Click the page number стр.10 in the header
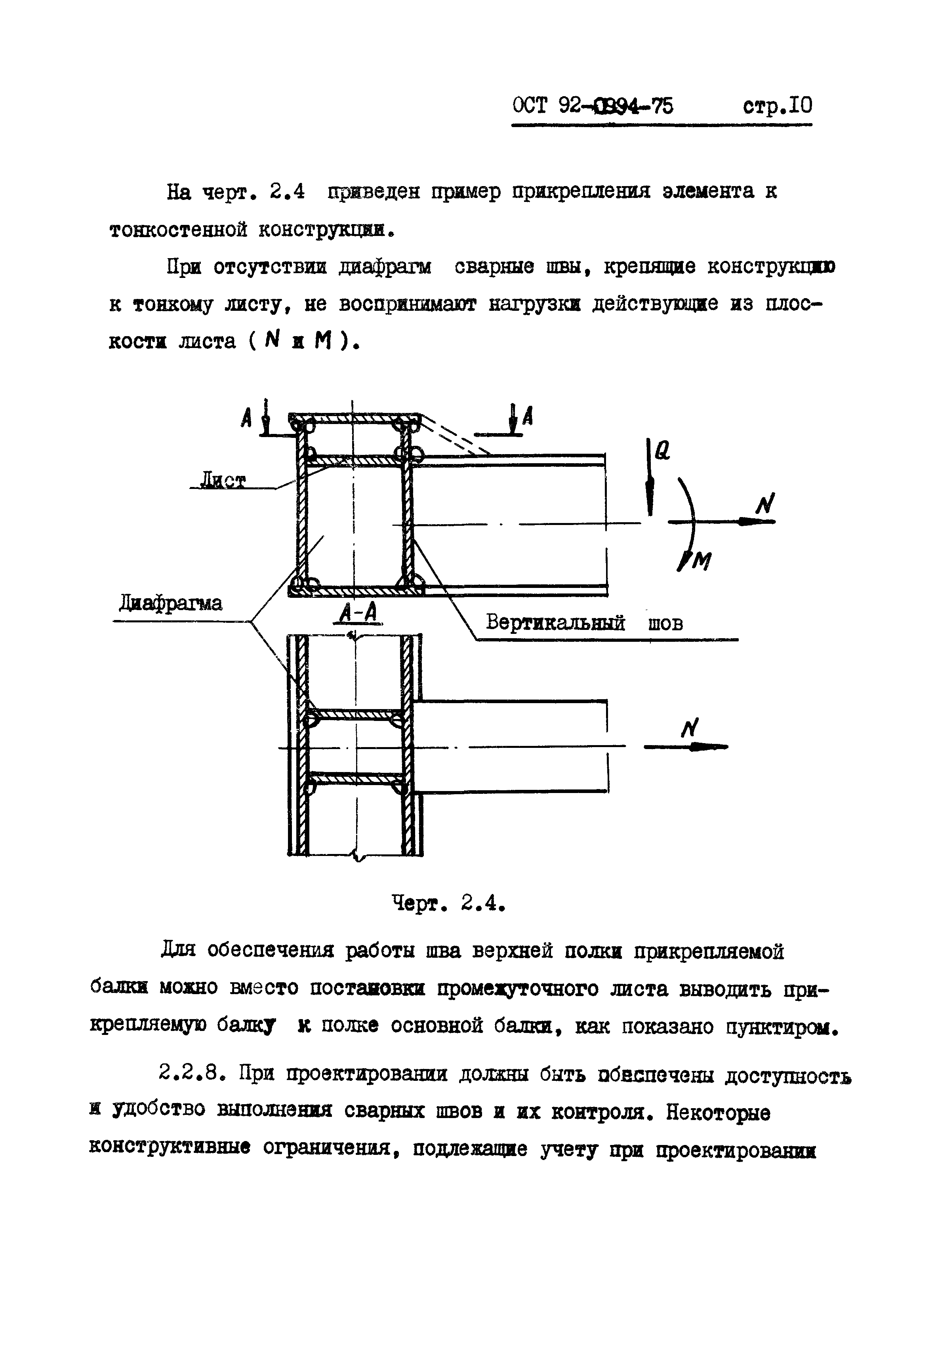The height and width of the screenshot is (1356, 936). [777, 107]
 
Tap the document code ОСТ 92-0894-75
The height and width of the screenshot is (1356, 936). [593, 107]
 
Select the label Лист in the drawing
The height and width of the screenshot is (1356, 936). [223, 481]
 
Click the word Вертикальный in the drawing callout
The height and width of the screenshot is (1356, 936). [555, 622]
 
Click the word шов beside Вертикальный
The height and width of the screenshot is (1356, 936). [665, 622]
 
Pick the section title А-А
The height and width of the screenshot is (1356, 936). [358, 612]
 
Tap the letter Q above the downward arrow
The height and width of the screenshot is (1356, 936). [662, 450]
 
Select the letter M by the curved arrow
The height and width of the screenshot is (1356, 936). [702, 562]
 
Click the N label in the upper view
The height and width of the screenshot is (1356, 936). [765, 504]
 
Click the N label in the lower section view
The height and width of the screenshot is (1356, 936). [690, 729]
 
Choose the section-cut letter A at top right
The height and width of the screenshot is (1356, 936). [527, 416]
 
